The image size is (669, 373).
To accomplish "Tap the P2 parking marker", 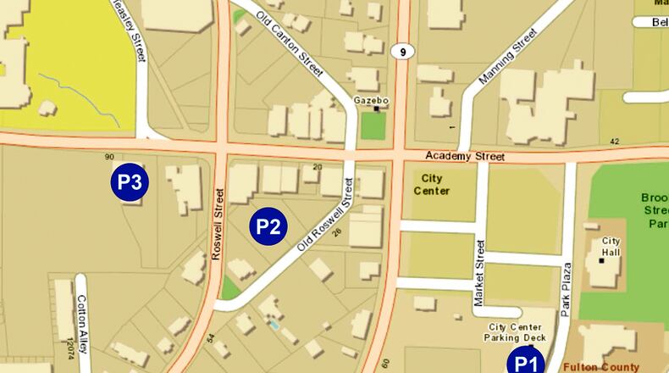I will tap(268, 226).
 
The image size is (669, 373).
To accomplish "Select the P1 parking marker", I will tap(527, 363).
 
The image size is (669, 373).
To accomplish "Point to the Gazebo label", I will tap(371, 101).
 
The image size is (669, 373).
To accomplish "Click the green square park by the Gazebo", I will tap(372, 125).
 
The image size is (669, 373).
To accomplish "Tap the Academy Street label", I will tap(465, 157).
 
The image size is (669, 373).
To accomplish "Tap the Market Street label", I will tap(481, 273).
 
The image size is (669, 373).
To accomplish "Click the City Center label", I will tap(430, 186).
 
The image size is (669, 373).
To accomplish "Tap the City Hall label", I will tap(611, 247).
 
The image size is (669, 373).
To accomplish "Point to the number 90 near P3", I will tap(109, 157).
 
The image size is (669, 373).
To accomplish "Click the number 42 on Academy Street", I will tap(615, 142).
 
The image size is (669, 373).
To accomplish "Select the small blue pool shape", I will tap(273, 324).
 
